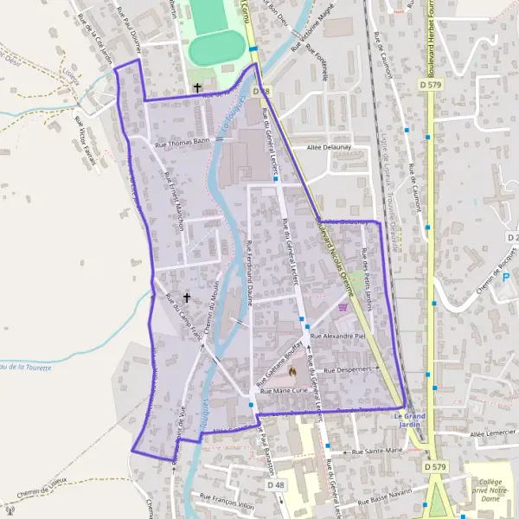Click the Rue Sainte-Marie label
[x=378, y=451]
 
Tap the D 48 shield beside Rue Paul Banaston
[x=276, y=485]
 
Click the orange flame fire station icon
[x=292, y=373]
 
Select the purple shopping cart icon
[x=344, y=305]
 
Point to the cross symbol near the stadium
[x=197, y=87]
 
